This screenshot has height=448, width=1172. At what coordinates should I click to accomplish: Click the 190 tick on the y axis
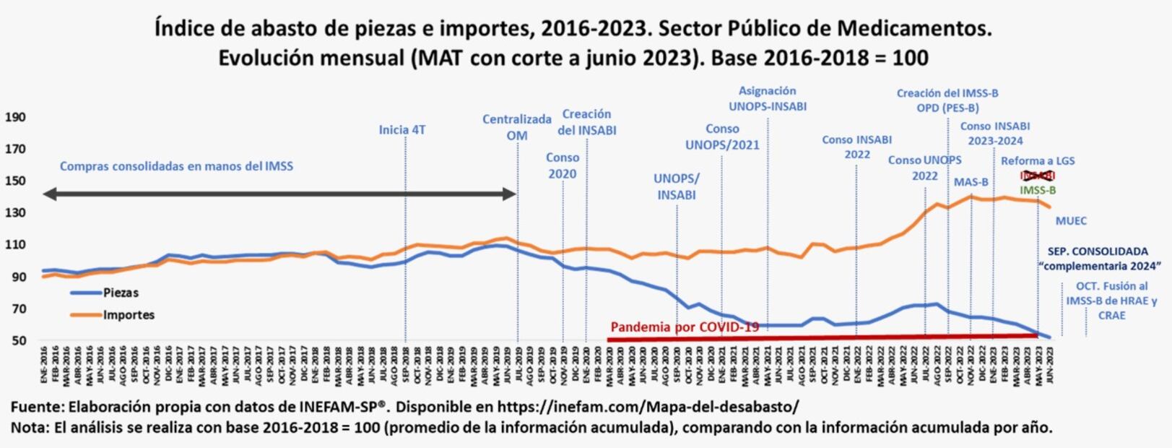click(x=15, y=117)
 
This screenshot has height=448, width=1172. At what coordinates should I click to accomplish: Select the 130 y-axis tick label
click(x=15, y=212)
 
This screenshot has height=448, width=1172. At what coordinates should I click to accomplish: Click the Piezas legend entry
click(x=120, y=293)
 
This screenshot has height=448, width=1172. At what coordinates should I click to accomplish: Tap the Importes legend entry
click(x=129, y=315)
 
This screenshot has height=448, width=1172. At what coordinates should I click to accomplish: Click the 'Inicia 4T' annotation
click(x=402, y=130)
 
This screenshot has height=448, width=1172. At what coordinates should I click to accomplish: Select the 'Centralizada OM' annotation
click(x=517, y=127)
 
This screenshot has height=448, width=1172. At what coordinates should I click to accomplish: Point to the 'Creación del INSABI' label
click(x=586, y=122)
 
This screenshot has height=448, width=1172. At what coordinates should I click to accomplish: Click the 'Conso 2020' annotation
click(x=563, y=165)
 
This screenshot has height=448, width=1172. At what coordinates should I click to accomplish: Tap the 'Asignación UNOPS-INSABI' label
click(x=768, y=98)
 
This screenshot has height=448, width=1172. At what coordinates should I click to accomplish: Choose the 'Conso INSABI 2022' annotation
click(x=856, y=147)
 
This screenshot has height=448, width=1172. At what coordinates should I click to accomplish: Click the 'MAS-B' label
click(x=971, y=182)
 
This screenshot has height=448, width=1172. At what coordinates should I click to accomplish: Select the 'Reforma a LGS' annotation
click(x=1038, y=160)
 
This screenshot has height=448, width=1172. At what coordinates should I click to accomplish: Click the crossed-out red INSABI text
click(x=1038, y=176)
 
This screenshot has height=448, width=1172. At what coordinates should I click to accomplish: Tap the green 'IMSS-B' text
click(x=1038, y=191)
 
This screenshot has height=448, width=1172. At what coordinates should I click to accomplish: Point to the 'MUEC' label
click(x=1071, y=221)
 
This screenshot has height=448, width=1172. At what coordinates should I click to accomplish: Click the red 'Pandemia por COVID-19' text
click(x=685, y=327)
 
